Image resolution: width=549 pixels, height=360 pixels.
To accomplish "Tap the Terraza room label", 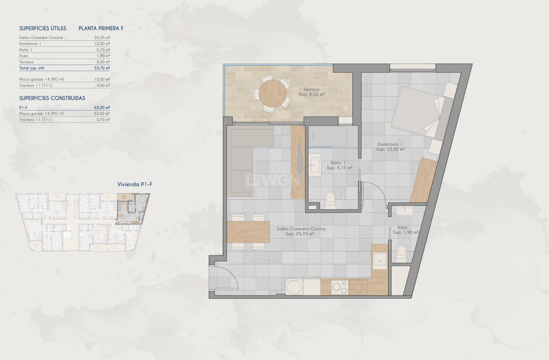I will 311,90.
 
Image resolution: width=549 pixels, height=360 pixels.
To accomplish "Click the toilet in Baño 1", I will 330,200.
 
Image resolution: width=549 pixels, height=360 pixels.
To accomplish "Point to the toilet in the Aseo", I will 401,253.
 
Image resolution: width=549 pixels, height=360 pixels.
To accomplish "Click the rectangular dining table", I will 249,232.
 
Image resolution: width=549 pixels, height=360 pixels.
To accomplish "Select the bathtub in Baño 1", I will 328,136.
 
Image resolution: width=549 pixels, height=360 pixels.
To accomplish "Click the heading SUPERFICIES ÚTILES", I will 43,29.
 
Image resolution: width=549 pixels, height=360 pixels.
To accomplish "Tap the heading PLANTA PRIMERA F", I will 101,29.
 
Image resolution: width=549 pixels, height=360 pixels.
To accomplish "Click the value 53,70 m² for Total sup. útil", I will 102,67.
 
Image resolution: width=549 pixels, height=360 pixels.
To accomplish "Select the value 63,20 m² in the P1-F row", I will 102,107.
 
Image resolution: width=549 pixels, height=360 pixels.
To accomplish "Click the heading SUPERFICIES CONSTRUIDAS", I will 52,98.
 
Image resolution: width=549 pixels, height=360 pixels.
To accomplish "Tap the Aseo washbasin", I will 404,210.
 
